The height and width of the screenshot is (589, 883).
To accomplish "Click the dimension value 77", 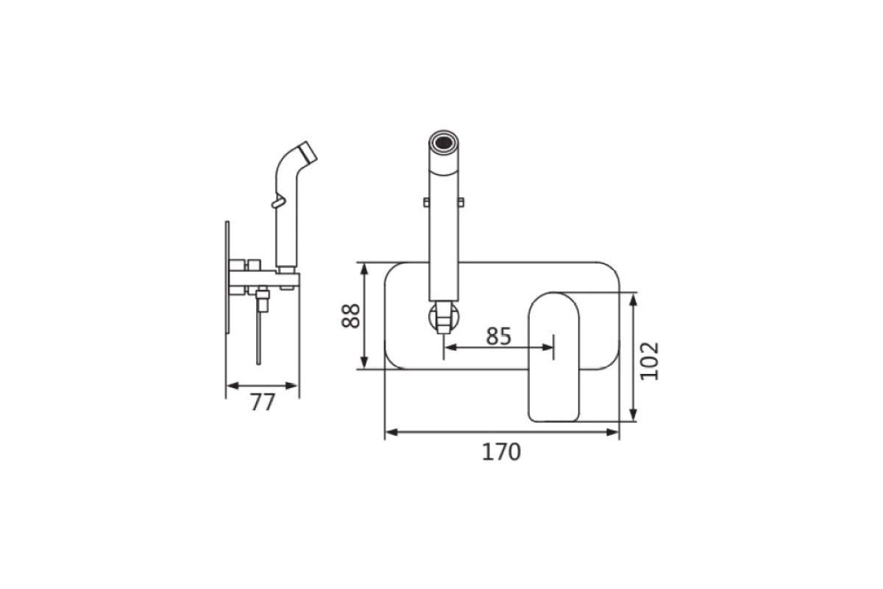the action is click(263, 403).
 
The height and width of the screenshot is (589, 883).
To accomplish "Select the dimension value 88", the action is click(350, 316).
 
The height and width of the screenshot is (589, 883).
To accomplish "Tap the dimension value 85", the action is click(499, 336).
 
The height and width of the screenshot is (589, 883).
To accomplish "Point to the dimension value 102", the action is click(650, 361).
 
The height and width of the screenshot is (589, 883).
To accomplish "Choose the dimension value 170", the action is click(501, 452).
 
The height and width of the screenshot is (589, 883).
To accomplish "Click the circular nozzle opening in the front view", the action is click(444, 141).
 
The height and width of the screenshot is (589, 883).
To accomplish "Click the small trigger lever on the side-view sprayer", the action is click(277, 202).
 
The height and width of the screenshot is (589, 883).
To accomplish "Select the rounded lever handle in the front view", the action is click(554, 357).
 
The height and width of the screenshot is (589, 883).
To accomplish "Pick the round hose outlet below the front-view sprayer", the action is click(444, 317).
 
